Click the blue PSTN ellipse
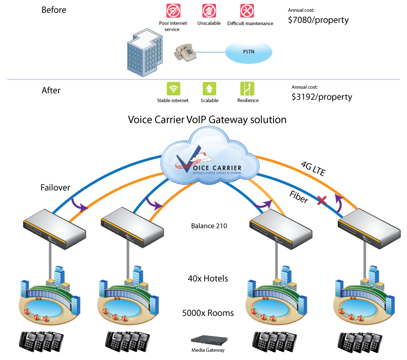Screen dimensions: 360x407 point(249,52)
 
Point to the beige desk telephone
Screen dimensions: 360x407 point(185,52)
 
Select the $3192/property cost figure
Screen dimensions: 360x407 point(322,96)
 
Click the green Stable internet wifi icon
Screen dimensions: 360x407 point(173,88)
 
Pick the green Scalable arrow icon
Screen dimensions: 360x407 point(209,88)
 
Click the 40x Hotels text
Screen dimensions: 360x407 point(208,278)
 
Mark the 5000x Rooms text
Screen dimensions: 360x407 point(208,313)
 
